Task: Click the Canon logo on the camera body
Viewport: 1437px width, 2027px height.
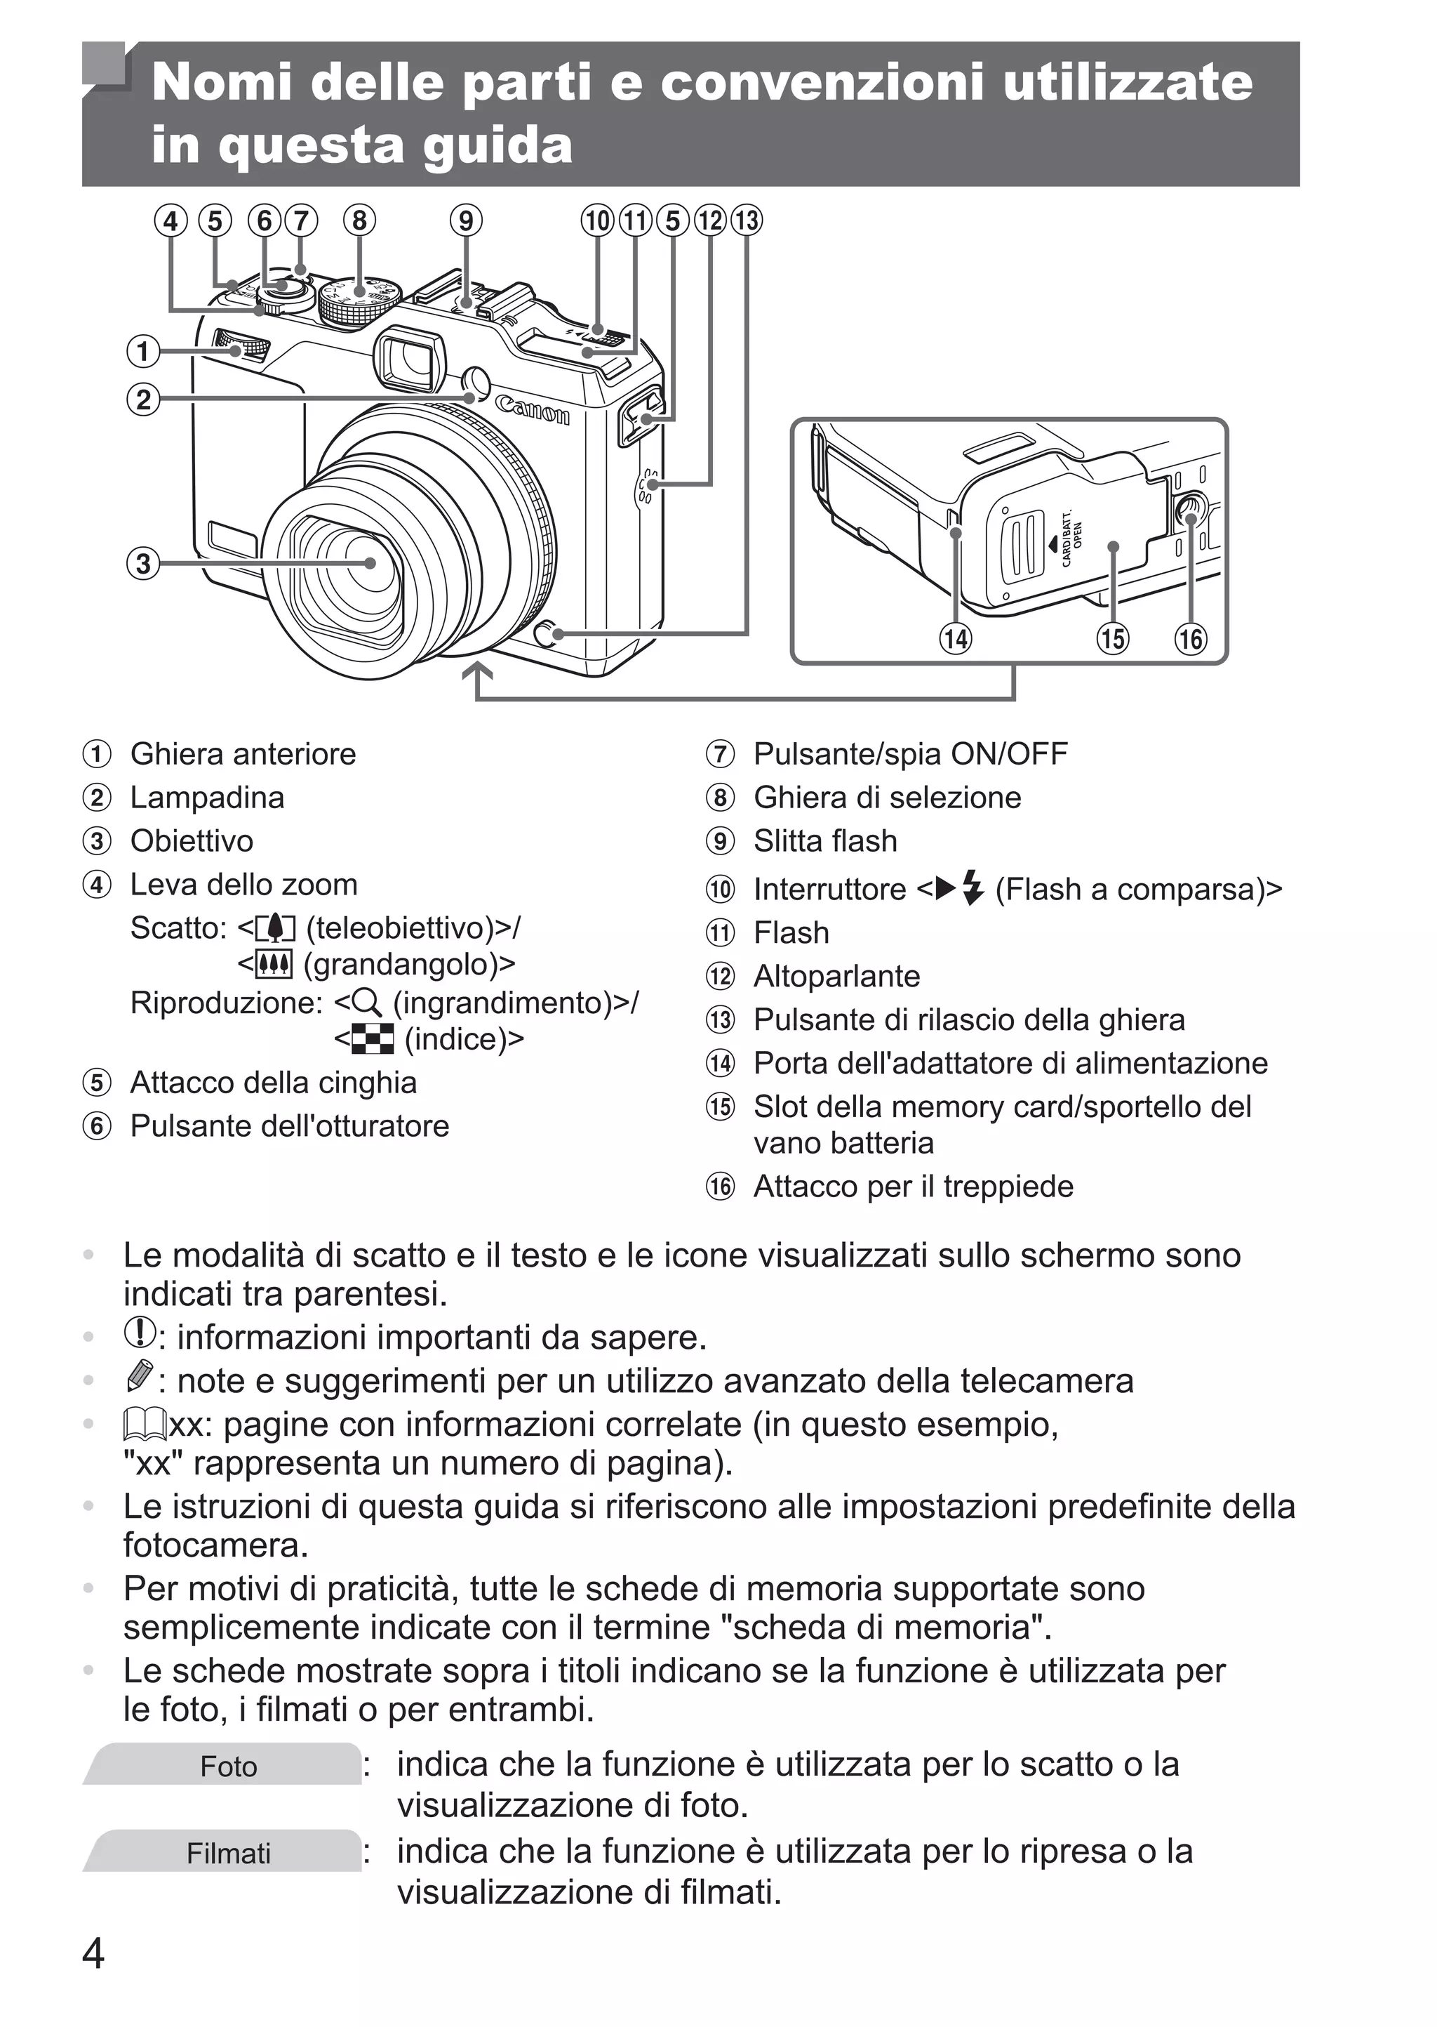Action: click(532, 411)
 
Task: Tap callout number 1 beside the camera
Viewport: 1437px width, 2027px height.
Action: click(142, 351)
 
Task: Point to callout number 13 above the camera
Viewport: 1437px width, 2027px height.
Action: click(747, 220)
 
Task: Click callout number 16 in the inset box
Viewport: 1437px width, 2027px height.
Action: click(1190, 638)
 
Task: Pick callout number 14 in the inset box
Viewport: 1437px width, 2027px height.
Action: click(955, 638)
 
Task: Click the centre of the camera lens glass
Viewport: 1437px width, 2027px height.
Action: click(369, 563)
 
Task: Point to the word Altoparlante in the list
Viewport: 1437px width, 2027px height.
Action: click(836, 977)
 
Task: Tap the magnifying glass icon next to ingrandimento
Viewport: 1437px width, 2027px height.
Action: click(366, 1002)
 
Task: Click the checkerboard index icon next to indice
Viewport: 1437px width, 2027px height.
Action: click(373, 1039)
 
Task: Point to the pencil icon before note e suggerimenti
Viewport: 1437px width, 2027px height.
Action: click(140, 1375)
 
